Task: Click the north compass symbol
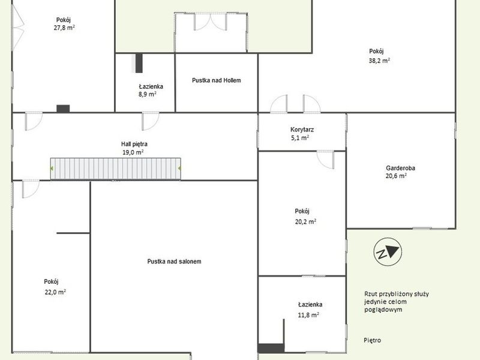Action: point(388,252)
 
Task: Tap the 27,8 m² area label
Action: point(64,28)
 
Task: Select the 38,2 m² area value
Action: point(379,61)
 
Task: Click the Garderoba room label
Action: point(400,168)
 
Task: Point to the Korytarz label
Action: point(302,130)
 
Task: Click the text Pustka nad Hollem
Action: point(217,80)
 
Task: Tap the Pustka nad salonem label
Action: point(174,262)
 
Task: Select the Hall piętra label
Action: point(134,144)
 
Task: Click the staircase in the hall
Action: point(115,169)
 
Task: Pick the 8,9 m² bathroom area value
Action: point(147,94)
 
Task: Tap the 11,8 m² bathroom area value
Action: point(308,314)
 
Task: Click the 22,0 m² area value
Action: point(55,292)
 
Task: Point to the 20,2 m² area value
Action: point(305,221)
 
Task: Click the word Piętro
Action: point(372,340)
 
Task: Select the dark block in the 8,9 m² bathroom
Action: point(139,63)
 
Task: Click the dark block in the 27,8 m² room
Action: point(63,109)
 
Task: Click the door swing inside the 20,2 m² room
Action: point(325,160)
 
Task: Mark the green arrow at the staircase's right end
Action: point(179,168)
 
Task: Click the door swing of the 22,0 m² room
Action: point(31,189)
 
